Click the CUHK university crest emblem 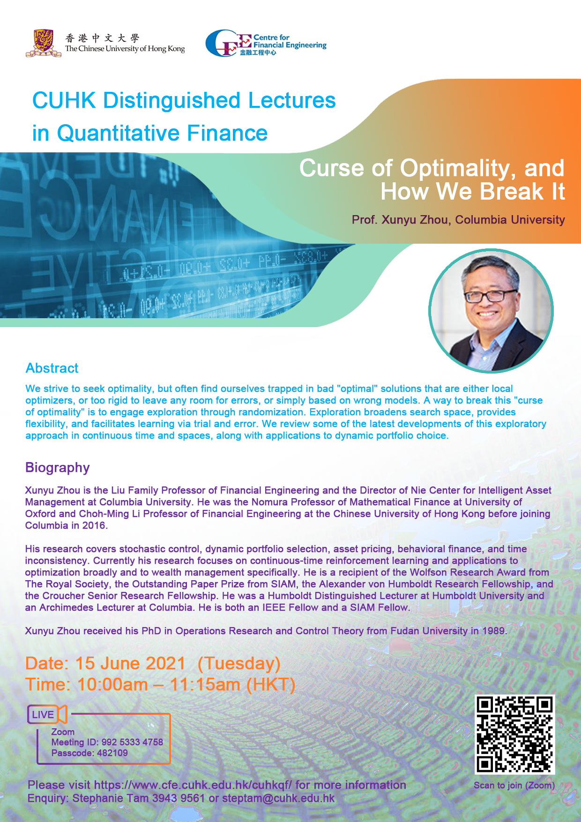point(44,43)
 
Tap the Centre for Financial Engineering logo point(266,43)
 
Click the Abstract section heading point(52,368)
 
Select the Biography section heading point(58,468)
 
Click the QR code point(515,734)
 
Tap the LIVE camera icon point(47,714)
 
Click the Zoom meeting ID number point(132,742)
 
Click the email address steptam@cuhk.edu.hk point(278,798)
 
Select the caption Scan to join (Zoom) point(514,785)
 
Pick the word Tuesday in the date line point(239,664)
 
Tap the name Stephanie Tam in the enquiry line point(111,798)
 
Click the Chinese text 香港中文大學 point(102,38)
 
